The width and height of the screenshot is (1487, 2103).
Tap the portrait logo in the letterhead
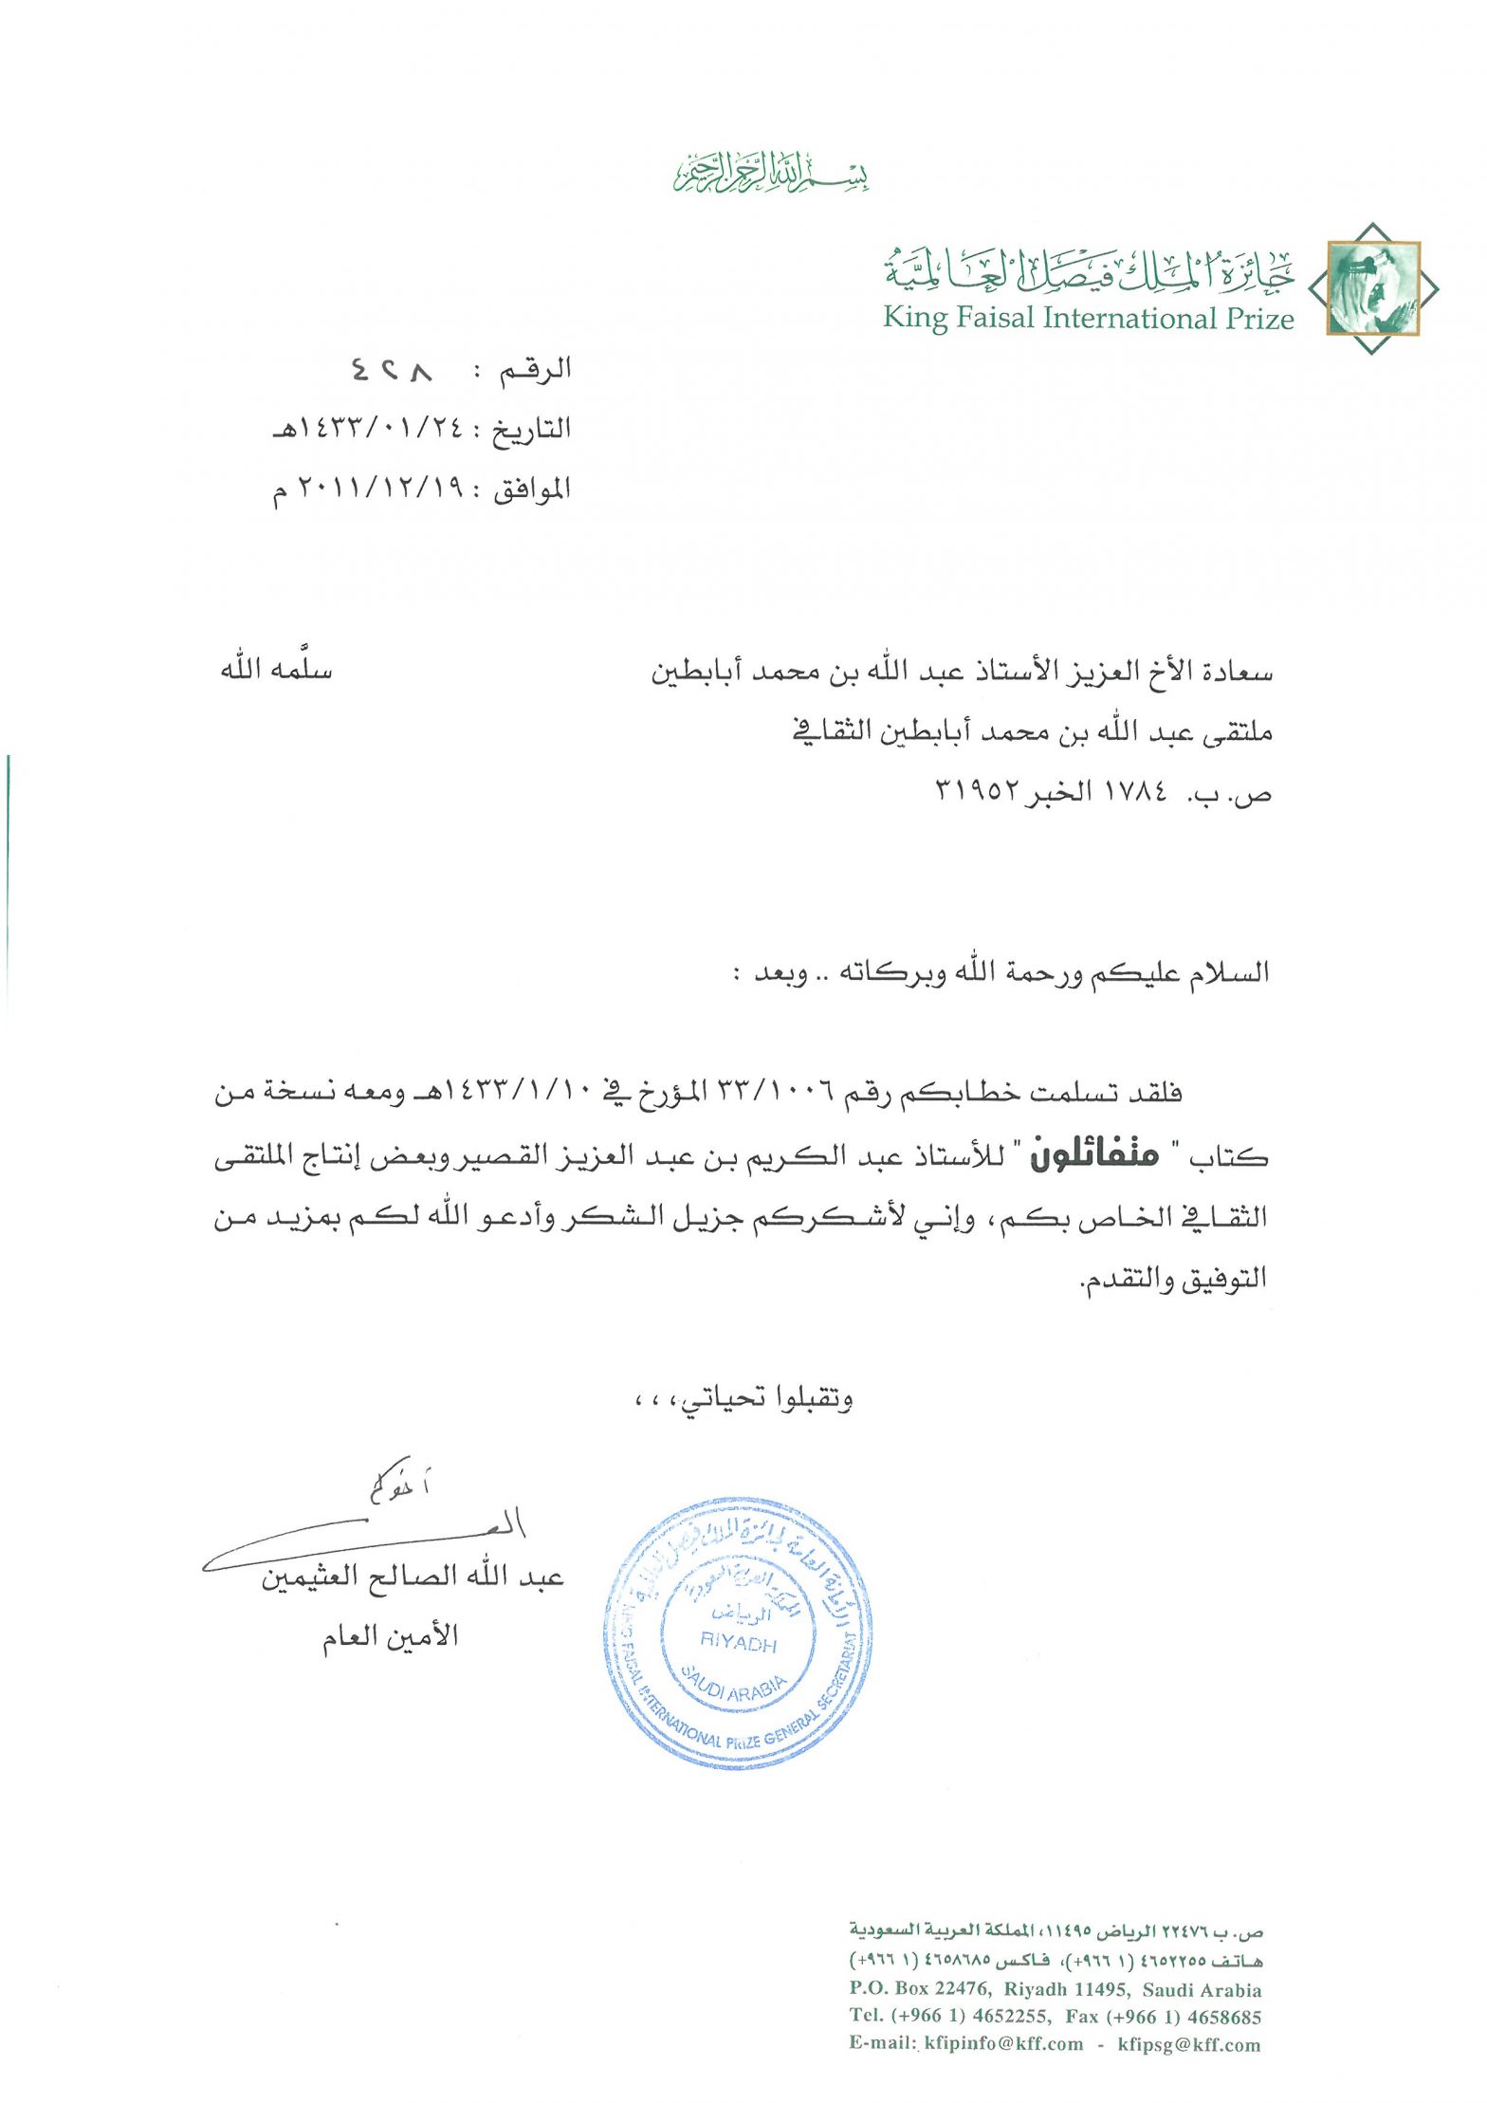click(x=1373, y=288)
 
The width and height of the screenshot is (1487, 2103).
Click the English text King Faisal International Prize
click(x=1088, y=319)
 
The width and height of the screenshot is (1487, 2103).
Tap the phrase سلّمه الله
click(x=276, y=670)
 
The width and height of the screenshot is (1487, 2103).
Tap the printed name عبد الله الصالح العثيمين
click(x=413, y=1577)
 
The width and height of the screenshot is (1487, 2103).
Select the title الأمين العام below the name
click(x=390, y=1637)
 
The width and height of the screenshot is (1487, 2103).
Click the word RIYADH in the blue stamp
click(x=738, y=1642)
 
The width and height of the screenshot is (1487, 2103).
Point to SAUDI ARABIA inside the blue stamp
click(x=733, y=1689)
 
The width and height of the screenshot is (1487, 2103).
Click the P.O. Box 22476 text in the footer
click(x=920, y=1989)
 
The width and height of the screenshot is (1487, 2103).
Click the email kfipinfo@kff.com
click(x=1003, y=2043)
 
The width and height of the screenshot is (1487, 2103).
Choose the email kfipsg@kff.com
click(x=1189, y=2043)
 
